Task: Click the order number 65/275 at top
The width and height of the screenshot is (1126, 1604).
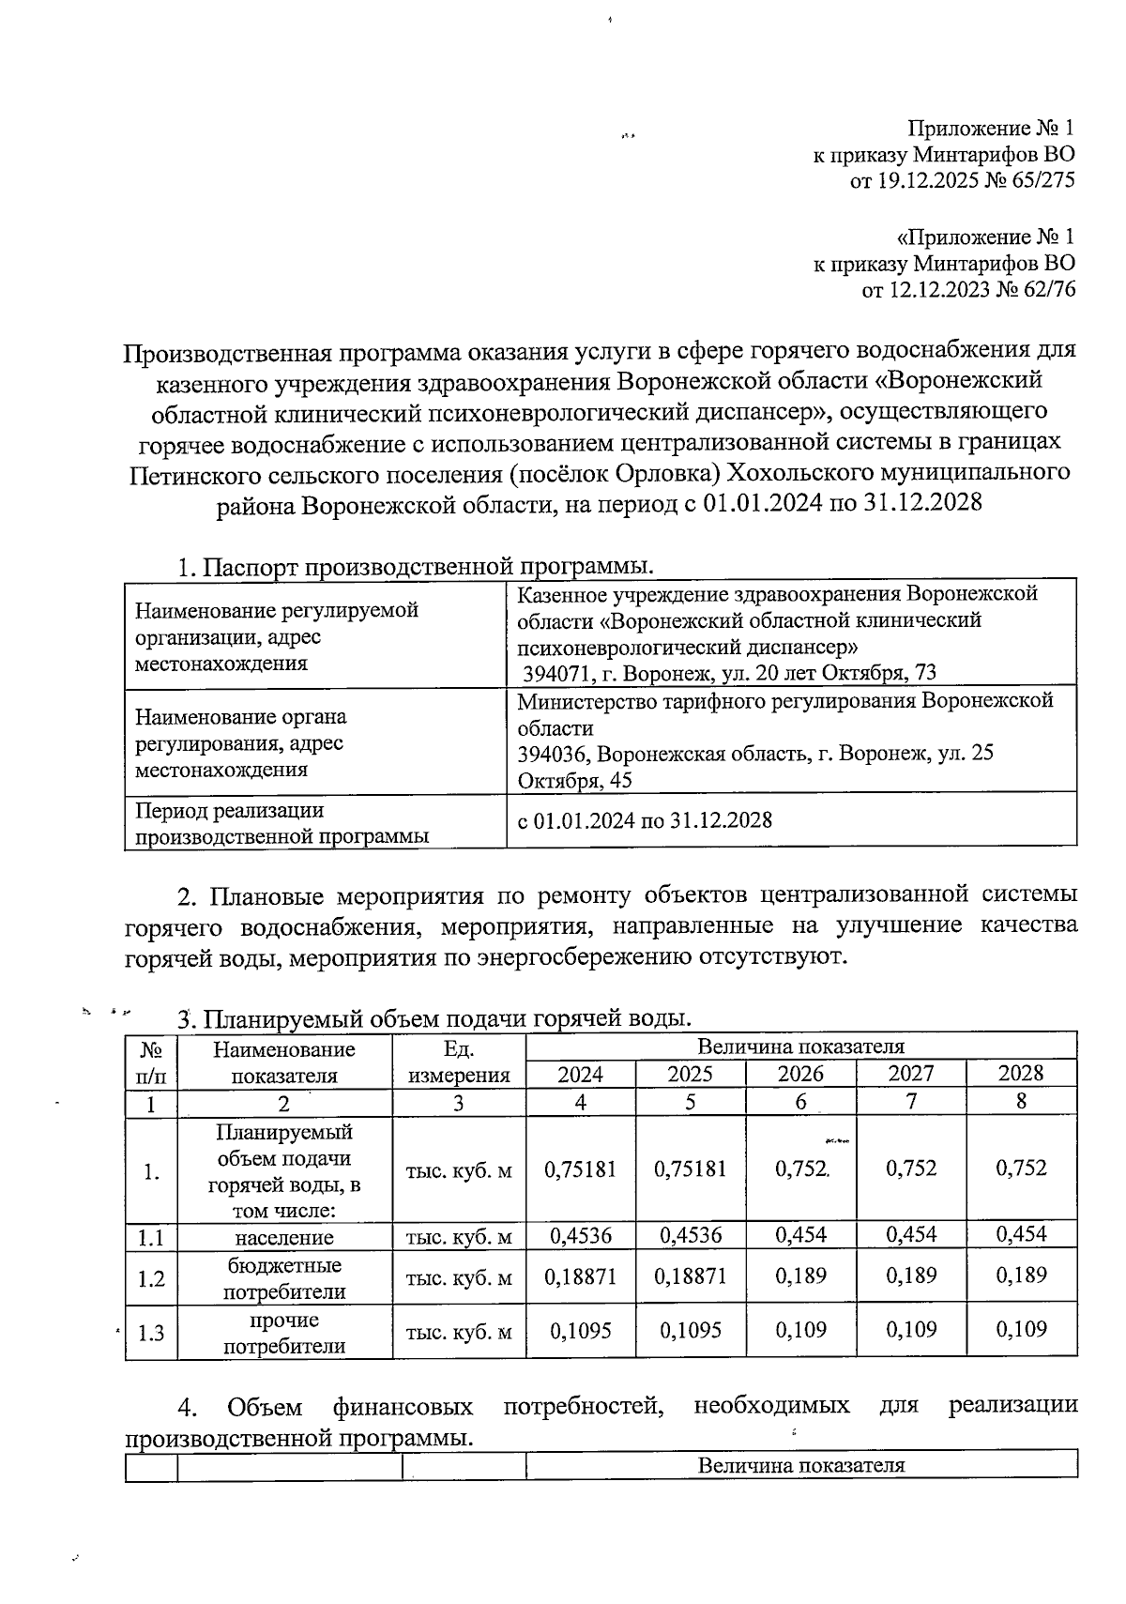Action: point(1041,180)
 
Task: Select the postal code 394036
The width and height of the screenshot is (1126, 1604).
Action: point(554,754)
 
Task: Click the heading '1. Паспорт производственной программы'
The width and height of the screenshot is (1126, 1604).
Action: point(416,568)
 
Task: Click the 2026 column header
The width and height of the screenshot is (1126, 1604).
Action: point(800,1075)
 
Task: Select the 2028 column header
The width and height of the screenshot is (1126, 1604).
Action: point(1021,1075)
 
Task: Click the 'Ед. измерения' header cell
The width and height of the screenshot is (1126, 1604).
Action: point(459,1062)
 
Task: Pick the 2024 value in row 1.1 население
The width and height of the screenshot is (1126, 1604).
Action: point(580,1235)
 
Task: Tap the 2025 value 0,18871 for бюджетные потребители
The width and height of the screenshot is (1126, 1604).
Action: point(690,1276)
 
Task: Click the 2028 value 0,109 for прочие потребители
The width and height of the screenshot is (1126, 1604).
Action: point(1021,1330)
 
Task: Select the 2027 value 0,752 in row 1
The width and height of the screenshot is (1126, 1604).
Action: point(911,1169)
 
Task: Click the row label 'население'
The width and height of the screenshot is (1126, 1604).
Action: point(283,1237)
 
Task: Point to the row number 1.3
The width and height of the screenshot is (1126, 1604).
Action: point(151,1332)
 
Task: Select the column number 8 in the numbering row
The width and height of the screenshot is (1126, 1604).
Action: point(1021,1103)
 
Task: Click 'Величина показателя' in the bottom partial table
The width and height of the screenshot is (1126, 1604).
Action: point(800,1465)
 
